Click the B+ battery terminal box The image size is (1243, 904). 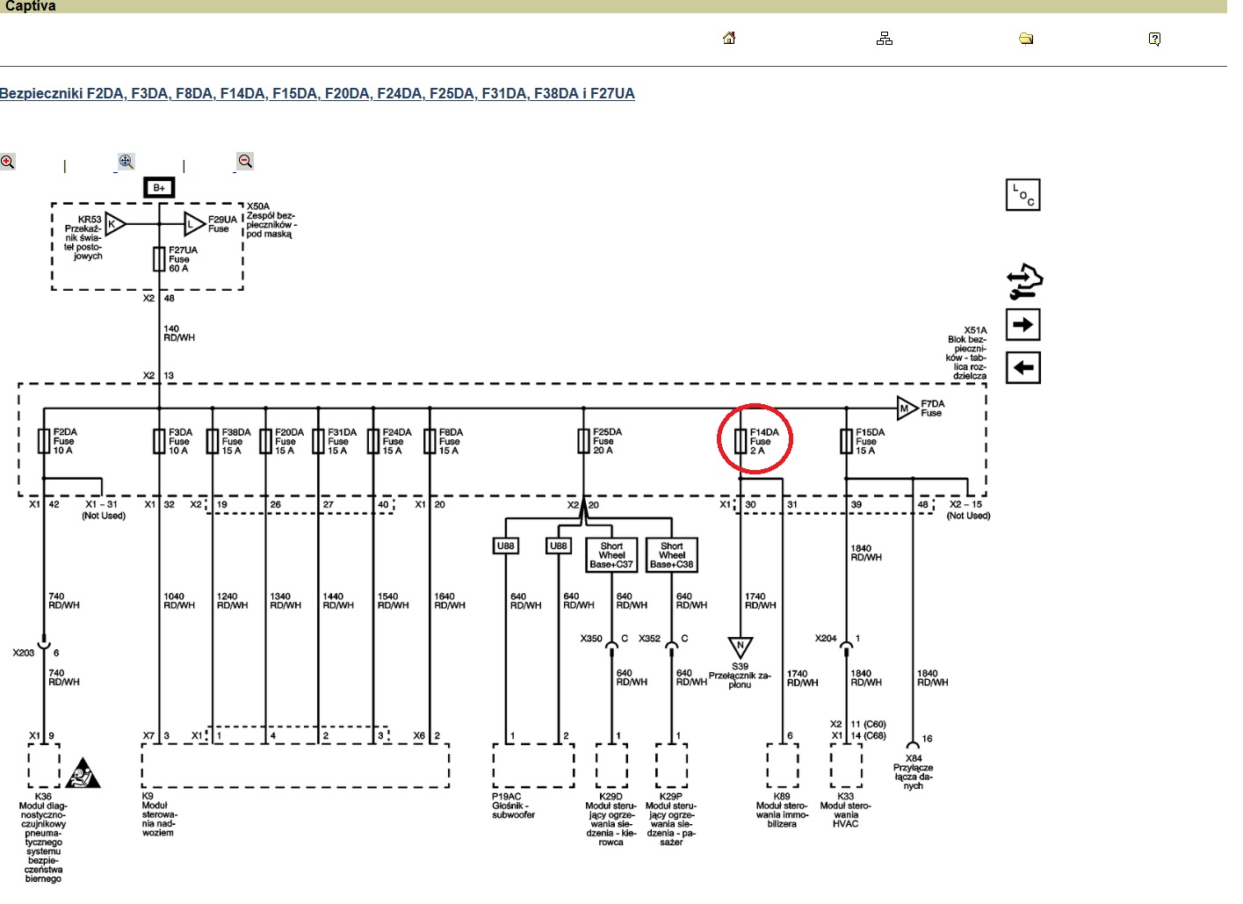click(x=159, y=187)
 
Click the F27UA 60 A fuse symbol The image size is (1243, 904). click(x=159, y=258)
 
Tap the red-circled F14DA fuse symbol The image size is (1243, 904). click(x=741, y=441)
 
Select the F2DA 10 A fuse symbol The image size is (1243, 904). click(x=43, y=441)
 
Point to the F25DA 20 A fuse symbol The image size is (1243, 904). click(x=583, y=441)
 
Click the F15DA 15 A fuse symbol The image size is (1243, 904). click(x=846, y=441)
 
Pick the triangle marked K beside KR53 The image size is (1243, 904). click(x=114, y=224)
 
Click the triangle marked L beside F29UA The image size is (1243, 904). click(x=192, y=224)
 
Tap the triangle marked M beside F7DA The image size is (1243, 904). click(x=906, y=408)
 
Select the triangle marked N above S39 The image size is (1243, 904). click(x=741, y=647)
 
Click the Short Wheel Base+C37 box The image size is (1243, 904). click(x=611, y=555)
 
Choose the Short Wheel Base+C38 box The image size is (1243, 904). click(x=672, y=555)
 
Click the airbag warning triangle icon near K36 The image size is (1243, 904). click(x=83, y=773)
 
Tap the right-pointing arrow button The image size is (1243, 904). click(x=1023, y=324)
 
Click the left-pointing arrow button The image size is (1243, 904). click(x=1023, y=367)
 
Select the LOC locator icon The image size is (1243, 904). click(x=1023, y=195)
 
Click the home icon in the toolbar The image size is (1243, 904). click(x=729, y=38)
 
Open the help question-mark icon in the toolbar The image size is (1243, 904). click(x=1154, y=39)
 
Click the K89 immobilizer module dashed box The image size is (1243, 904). click(x=782, y=766)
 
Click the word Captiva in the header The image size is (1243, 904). click(x=31, y=6)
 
